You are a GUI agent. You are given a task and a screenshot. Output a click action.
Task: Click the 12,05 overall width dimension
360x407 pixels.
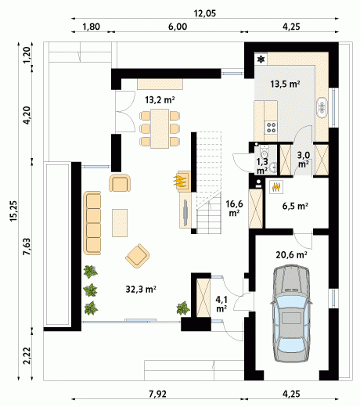tap(205, 13)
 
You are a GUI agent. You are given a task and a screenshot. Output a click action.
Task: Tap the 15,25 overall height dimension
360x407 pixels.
tap(13, 211)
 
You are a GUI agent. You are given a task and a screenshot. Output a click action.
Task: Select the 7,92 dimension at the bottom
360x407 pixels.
tap(157, 394)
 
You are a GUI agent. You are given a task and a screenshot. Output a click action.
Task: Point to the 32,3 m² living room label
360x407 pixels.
tap(141, 289)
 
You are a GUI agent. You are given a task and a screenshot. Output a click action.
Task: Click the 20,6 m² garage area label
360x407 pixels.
tap(291, 254)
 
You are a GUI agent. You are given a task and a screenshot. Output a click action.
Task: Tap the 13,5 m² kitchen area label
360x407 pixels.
tap(285, 84)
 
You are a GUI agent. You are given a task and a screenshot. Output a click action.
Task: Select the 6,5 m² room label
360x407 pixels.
tap(295, 206)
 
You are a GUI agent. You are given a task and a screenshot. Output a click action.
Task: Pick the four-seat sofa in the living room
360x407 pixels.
tap(92, 223)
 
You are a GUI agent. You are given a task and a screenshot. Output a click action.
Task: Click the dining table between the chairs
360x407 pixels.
tap(160, 128)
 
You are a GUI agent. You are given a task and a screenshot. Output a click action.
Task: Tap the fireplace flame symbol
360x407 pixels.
tap(180, 181)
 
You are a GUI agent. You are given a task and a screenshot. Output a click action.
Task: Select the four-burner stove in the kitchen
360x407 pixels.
tap(271, 128)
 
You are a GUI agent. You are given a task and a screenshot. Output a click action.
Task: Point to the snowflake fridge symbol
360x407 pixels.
tap(261, 59)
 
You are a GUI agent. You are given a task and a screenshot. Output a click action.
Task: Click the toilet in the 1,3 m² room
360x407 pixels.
tap(264, 150)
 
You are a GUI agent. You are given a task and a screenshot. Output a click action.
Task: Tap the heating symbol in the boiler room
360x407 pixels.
tap(276, 187)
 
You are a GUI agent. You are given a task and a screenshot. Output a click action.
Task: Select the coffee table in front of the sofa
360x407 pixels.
tap(120, 223)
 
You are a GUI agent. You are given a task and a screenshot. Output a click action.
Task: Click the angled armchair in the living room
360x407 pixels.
tap(138, 256)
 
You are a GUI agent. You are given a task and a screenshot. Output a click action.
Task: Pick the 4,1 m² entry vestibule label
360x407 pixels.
tap(221, 304)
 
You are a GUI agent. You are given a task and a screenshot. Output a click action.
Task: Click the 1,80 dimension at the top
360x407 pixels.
tap(92, 27)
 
